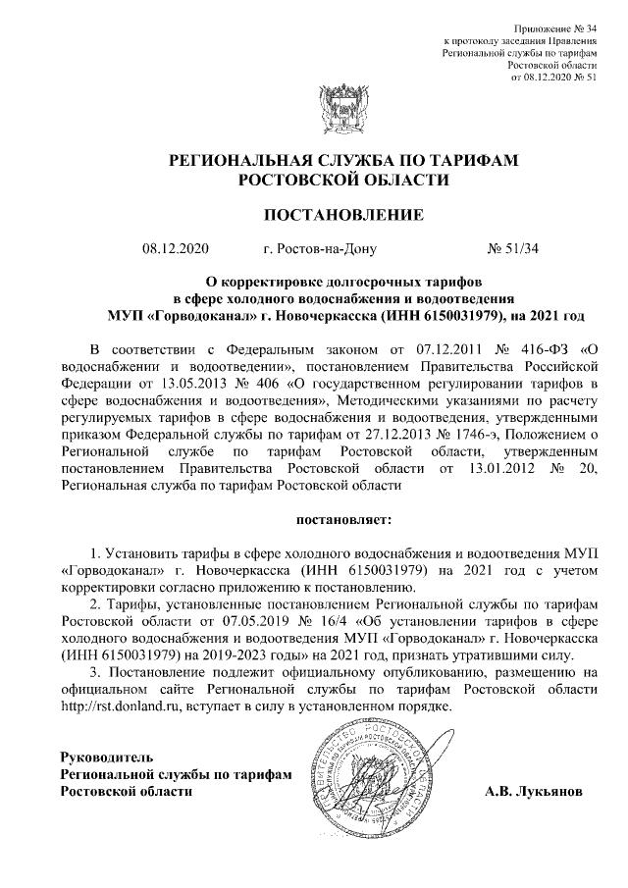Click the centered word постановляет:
click(342, 517)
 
